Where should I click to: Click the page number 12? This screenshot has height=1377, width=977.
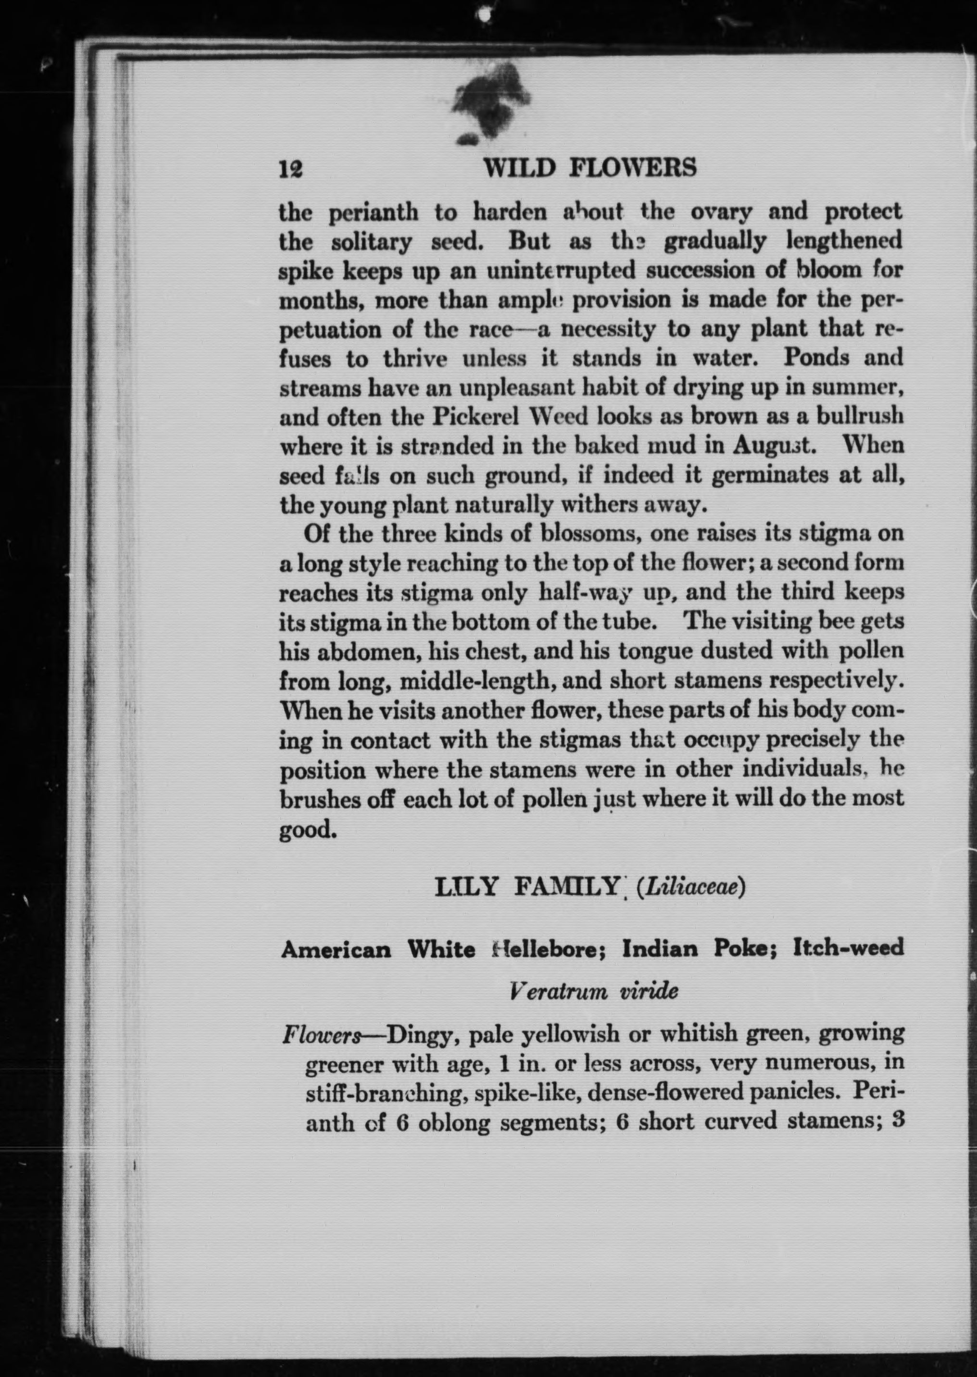pos(290,168)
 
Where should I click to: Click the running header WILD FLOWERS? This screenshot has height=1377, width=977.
pos(590,167)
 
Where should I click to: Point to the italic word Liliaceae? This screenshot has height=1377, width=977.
pos(692,906)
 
